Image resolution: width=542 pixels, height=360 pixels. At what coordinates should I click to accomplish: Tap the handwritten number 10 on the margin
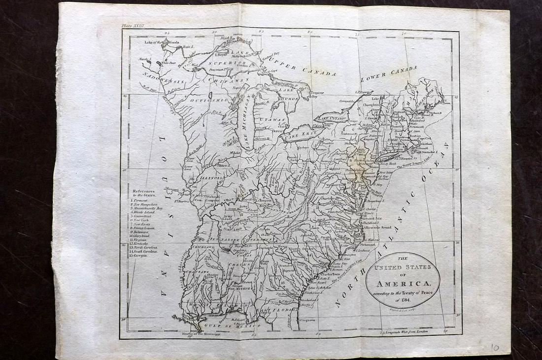[494, 348]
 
